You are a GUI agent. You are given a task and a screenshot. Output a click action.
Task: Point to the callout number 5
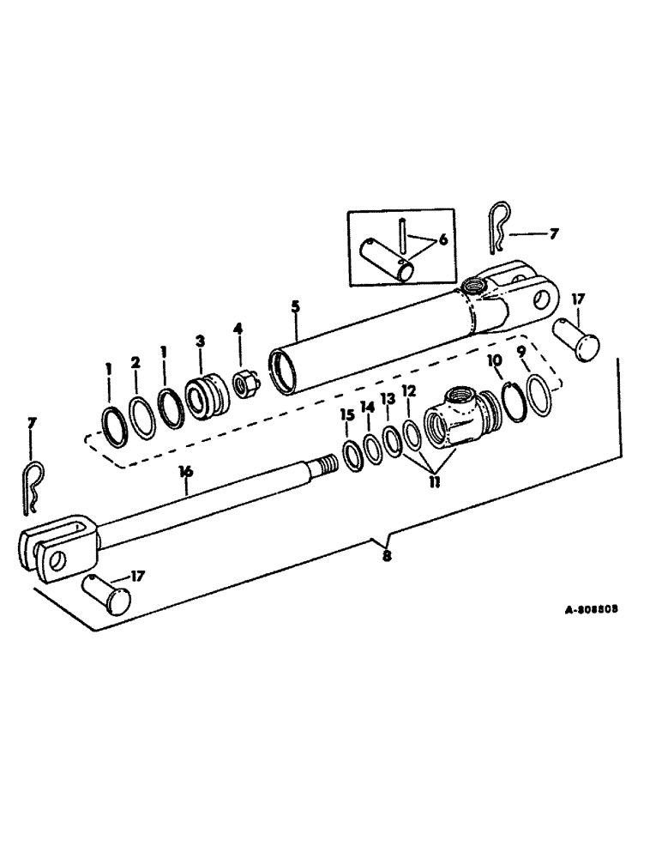pyautogui.click(x=294, y=305)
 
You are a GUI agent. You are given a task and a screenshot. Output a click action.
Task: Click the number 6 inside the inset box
pyautogui.click(x=442, y=241)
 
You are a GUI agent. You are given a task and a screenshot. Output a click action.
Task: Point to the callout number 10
pyautogui.click(x=493, y=360)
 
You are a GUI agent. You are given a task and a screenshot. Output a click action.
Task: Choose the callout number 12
pyautogui.click(x=409, y=391)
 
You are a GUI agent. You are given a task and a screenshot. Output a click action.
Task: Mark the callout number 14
pyautogui.click(x=367, y=407)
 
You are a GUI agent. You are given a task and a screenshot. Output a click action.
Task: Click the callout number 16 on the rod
pyautogui.click(x=184, y=471)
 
